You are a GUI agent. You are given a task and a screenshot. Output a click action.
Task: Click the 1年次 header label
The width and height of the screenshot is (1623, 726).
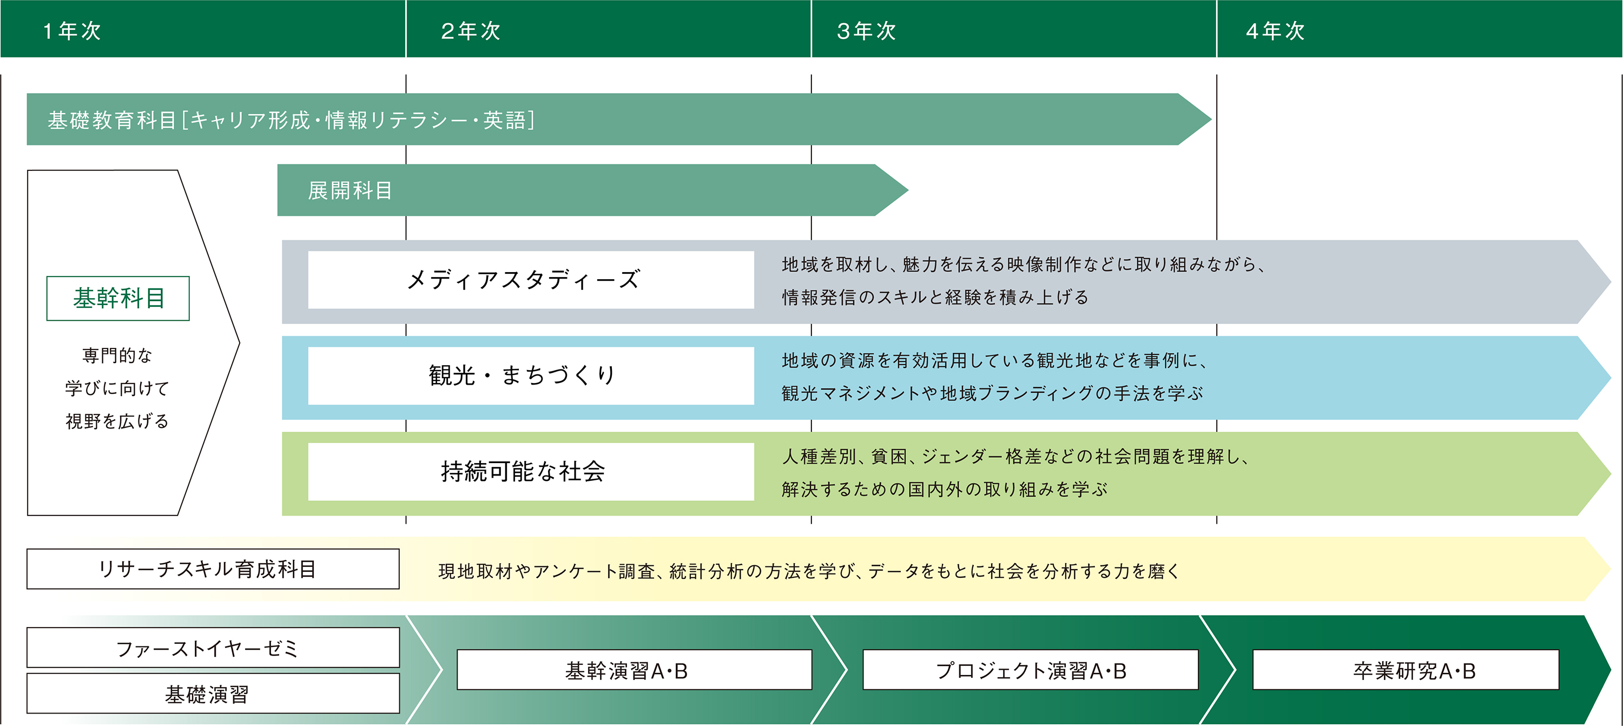[72, 31]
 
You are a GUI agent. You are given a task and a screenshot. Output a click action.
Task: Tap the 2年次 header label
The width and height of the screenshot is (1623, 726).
[471, 31]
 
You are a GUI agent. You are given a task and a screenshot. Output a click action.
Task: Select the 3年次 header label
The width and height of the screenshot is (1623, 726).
[866, 31]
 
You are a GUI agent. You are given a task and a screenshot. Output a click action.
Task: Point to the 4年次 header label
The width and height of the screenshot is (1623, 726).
[1275, 31]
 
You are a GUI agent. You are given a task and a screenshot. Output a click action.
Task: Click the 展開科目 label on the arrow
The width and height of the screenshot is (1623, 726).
[351, 190]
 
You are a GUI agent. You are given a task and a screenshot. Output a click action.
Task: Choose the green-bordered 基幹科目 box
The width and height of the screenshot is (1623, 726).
[118, 298]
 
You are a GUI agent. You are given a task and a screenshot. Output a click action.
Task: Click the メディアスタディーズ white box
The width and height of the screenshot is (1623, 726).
[531, 280]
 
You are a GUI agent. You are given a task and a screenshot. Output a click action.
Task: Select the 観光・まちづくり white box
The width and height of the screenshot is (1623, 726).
[531, 375]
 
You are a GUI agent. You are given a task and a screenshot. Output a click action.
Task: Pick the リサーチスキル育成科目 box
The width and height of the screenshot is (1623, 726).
[213, 569]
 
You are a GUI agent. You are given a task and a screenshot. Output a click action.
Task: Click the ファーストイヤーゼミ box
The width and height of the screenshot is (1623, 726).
[213, 647]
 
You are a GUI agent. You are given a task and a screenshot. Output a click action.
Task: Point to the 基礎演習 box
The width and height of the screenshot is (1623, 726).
[213, 693]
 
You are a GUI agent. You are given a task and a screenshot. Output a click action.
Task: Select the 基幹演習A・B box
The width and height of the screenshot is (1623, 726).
[635, 670]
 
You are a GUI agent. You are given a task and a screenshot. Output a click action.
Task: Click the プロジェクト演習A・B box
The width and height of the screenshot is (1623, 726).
[1031, 670]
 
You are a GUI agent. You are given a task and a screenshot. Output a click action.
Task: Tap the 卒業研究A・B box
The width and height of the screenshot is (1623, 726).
[1406, 670]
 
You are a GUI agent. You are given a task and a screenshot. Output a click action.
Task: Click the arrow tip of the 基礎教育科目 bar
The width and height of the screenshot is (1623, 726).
[1210, 119]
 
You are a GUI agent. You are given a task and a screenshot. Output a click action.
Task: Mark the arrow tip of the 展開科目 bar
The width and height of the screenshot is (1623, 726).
[907, 190]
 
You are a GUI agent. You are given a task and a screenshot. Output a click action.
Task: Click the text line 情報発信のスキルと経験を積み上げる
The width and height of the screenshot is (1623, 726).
[935, 298]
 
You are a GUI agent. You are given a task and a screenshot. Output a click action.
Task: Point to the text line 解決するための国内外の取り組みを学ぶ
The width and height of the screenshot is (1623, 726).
[945, 489]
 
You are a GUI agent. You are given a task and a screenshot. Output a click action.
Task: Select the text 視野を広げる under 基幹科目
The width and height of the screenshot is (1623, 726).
[117, 421]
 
